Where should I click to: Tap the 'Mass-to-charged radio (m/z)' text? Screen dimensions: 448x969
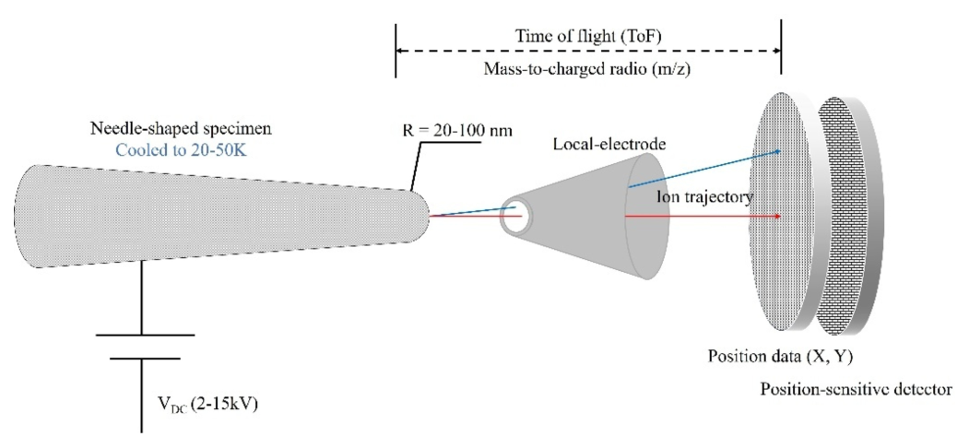[588, 70]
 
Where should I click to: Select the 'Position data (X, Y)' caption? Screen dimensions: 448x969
[776, 355]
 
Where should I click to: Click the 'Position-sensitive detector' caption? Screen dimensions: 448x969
[856, 391]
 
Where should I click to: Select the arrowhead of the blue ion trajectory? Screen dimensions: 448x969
[782, 151]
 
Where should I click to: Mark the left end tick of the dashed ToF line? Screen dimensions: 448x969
[396, 52]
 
